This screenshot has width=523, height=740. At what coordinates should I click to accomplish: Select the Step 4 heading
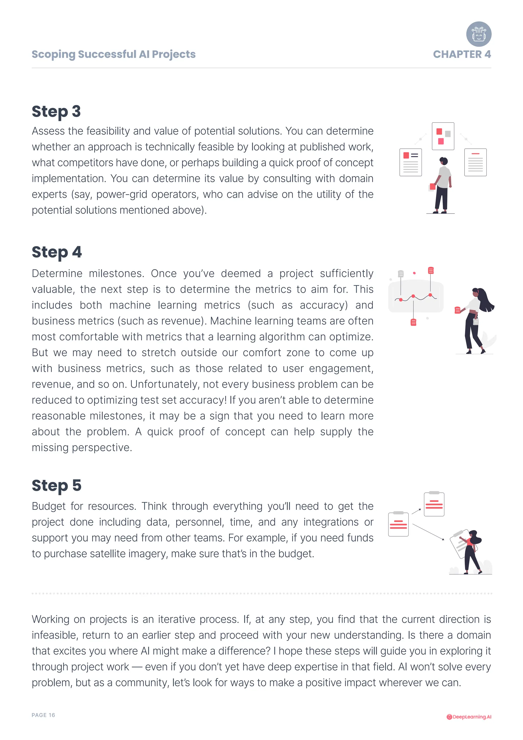(x=57, y=252)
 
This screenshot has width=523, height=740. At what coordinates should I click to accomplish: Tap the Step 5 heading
(x=56, y=485)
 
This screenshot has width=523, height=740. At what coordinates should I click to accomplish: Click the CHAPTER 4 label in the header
(x=461, y=54)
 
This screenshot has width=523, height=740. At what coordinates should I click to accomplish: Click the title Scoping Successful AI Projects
(x=113, y=54)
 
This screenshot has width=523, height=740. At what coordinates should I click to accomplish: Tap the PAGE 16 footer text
(x=43, y=715)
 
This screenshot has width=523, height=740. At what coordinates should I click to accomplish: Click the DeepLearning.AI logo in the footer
(x=469, y=717)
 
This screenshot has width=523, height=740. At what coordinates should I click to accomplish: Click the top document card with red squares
(x=443, y=136)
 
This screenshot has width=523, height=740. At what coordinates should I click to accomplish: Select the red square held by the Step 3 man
(x=432, y=187)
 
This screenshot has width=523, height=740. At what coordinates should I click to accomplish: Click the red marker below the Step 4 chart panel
(x=413, y=322)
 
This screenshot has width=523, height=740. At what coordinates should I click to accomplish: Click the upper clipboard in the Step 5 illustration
(x=434, y=504)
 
